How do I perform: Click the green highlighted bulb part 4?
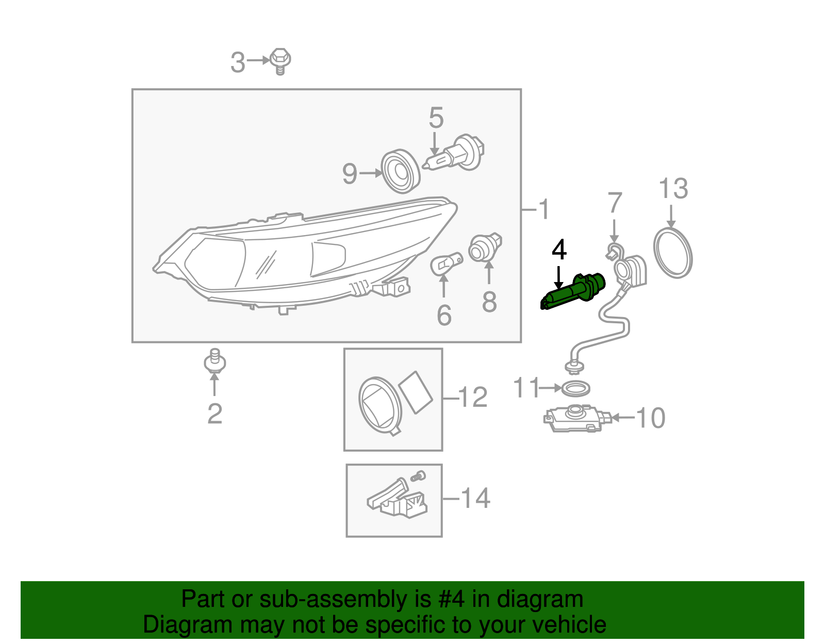(x=572, y=292)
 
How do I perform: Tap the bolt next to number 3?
(x=280, y=61)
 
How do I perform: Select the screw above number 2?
(x=214, y=361)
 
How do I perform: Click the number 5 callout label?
(x=436, y=118)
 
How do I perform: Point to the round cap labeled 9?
(x=401, y=172)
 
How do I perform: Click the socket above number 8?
(x=485, y=247)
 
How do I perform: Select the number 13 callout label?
(x=673, y=189)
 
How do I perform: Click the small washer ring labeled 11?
(x=575, y=388)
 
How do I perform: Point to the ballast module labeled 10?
(x=576, y=418)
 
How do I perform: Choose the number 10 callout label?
(x=651, y=418)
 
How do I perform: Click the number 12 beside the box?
(x=472, y=398)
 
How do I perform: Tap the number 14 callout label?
(x=475, y=498)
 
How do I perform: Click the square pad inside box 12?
(x=416, y=392)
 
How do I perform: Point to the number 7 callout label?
(x=615, y=203)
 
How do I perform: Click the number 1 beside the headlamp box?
(x=543, y=209)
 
